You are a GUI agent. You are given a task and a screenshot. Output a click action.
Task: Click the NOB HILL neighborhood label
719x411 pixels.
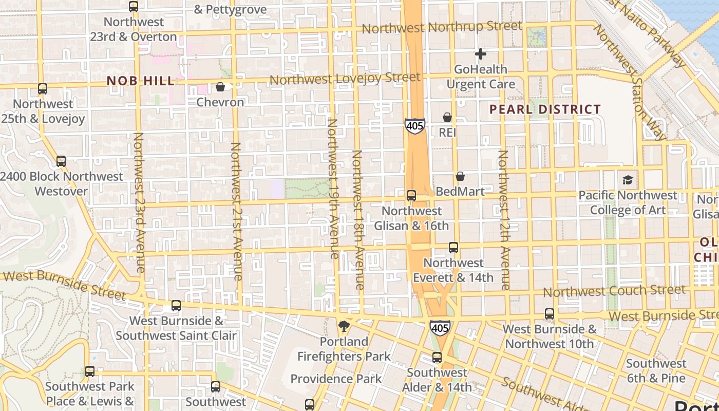pyautogui.click(x=141, y=81)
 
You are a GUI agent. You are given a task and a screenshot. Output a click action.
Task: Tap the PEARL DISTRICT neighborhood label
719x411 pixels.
pyautogui.click(x=545, y=109)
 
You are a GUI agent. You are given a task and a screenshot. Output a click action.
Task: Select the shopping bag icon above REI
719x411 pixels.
pyautogui.click(x=447, y=117)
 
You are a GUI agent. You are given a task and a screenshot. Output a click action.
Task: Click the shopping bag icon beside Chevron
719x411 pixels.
pyautogui.click(x=220, y=87)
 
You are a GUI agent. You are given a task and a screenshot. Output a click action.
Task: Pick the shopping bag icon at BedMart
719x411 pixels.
pyautogui.click(x=460, y=176)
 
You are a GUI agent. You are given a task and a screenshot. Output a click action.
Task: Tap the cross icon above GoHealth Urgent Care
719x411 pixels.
pyautogui.click(x=481, y=53)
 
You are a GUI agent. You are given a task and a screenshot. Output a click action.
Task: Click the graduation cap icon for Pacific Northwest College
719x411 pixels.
pyautogui.click(x=628, y=180)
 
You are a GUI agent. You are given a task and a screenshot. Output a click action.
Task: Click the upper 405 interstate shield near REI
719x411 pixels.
pyautogui.click(x=414, y=126)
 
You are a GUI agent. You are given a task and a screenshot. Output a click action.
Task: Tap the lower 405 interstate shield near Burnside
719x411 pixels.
pyautogui.click(x=440, y=327)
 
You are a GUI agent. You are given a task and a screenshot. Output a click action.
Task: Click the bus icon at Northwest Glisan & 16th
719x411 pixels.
pyautogui.click(x=411, y=195)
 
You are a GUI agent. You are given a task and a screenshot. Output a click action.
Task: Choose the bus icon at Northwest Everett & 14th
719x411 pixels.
pyautogui.click(x=453, y=248)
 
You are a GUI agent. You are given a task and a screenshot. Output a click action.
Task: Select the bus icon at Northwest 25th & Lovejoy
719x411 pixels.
pyautogui.click(x=43, y=88)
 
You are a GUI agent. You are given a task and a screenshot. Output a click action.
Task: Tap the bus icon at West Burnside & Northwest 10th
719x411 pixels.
pyautogui.click(x=550, y=313)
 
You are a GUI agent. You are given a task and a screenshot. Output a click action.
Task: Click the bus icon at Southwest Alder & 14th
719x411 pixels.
pyautogui.click(x=437, y=357)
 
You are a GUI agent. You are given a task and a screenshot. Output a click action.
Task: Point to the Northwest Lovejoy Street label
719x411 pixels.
pyautogui.click(x=345, y=79)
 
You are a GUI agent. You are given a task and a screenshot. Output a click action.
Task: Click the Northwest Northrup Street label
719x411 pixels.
pyautogui.click(x=442, y=27)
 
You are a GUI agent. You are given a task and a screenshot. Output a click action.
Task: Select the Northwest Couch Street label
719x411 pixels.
pyautogui.click(x=614, y=291)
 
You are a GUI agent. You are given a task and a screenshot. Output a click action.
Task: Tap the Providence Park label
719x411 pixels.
pyautogui.click(x=336, y=379)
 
